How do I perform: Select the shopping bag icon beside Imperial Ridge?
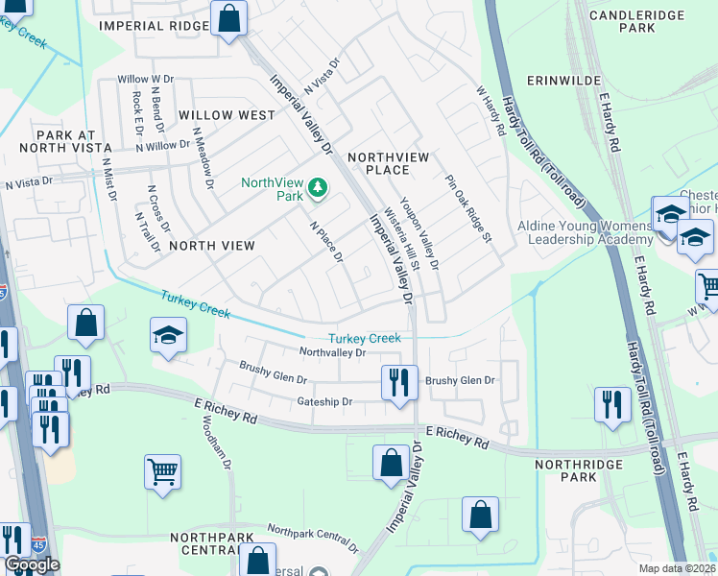point(229,18)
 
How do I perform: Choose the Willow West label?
point(226,115)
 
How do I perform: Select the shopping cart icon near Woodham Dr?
point(163,471)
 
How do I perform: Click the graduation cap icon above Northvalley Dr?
point(168,336)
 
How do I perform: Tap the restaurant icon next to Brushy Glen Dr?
point(395,382)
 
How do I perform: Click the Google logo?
point(32,564)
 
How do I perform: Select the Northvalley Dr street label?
point(332,352)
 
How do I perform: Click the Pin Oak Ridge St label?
point(467,207)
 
